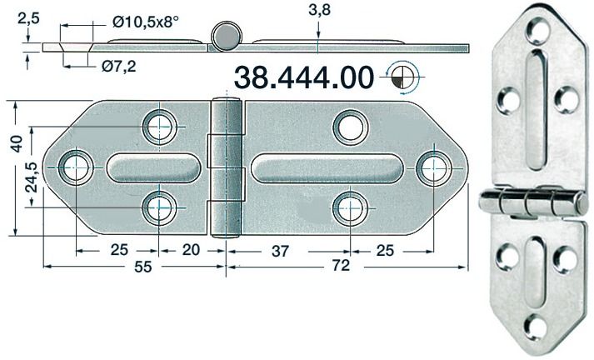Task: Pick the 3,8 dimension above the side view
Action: point(319,11)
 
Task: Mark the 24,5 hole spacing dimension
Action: point(31,177)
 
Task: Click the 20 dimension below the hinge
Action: point(192,248)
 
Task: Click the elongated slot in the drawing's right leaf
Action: point(327,167)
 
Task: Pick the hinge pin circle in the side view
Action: point(226,37)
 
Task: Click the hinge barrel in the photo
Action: point(532,201)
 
